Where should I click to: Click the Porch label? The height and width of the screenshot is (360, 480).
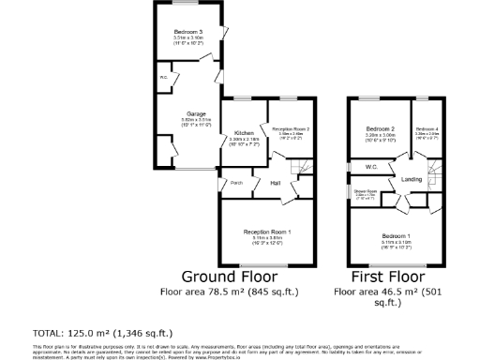tap(238, 183)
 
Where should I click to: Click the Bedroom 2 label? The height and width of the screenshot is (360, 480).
tap(380, 128)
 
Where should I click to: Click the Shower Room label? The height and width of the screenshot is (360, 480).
tap(365, 191)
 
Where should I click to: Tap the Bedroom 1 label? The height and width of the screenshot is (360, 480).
tap(395, 235)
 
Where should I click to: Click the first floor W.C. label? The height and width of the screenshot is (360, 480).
tap(357, 167)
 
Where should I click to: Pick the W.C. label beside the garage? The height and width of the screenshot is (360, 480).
tap(163, 77)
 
